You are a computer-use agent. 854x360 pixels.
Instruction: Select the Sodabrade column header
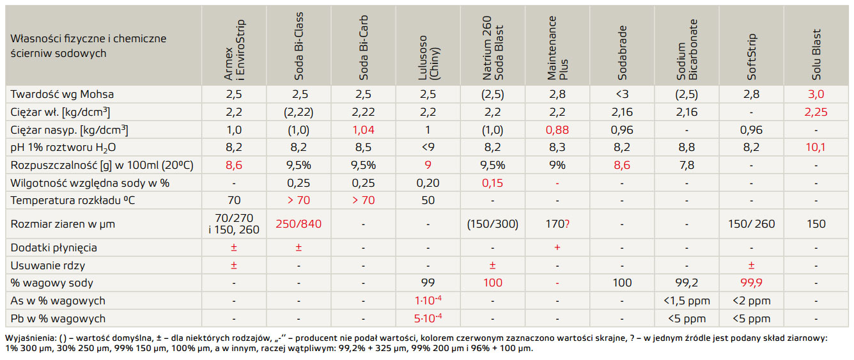(622, 62)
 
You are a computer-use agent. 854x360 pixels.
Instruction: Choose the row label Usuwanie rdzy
(48, 265)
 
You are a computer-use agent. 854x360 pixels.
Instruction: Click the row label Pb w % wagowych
(58, 318)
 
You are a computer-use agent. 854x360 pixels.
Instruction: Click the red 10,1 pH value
(815, 148)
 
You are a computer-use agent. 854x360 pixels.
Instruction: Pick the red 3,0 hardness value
(815, 94)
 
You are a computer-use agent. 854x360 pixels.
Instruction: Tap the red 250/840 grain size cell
(299, 224)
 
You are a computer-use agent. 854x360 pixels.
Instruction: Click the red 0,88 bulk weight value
(557, 130)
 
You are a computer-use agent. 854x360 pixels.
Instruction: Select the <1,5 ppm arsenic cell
(686, 301)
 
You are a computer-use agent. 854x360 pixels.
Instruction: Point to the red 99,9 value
(750, 283)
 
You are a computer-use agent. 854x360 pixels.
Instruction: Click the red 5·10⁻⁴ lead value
(428, 318)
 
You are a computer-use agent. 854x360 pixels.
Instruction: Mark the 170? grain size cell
(557, 224)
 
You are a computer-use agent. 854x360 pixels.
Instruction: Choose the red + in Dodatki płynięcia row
(557, 247)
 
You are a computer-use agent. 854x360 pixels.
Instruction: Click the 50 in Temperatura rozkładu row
(428, 201)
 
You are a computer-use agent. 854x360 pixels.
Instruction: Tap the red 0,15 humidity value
(492, 183)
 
